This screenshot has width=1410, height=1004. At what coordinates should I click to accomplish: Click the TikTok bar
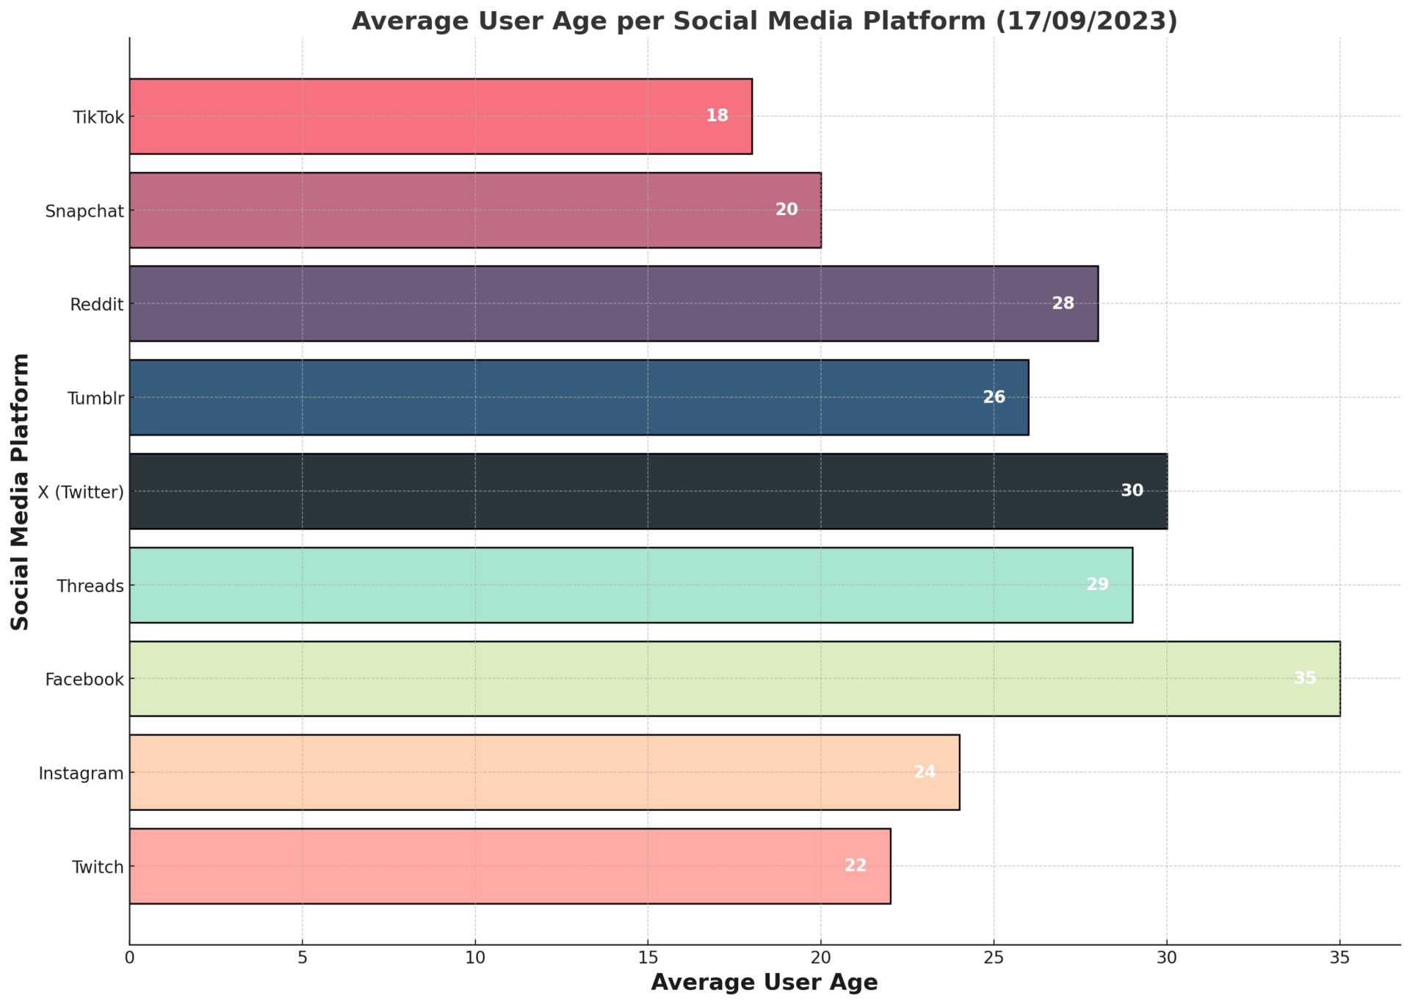pyautogui.click(x=441, y=117)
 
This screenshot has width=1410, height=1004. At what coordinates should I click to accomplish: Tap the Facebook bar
pyautogui.click(x=734, y=679)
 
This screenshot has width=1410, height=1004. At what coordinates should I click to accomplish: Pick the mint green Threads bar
pyautogui.click(x=631, y=585)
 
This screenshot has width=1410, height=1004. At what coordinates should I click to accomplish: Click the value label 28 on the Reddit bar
pyautogui.click(x=1063, y=303)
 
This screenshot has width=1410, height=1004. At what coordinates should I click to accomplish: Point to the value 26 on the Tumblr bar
pyautogui.click(x=994, y=397)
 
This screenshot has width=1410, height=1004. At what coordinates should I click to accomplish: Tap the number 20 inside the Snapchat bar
pyautogui.click(x=786, y=210)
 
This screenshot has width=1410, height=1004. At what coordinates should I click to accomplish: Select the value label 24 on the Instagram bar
pyautogui.click(x=924, y=772)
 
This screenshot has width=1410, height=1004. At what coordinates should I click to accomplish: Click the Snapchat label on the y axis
pyautogui.click(x=84, y=212)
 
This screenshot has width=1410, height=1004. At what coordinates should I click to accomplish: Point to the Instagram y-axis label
pyautogui.click(x=81, y=773)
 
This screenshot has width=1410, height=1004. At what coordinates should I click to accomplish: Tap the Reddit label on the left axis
pyautogui.click(x=97, y=305)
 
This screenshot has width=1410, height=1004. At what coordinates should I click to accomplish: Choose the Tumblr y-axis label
pyautogui.click(x=95, y=399)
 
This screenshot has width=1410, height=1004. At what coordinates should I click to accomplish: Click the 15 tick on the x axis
pyautogui.click(x=648, y=958)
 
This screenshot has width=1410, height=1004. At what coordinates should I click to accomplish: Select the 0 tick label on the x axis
pyautogui.click(x=130, y=958)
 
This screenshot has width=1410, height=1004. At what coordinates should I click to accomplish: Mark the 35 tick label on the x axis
pyautogui.click(x=1339, y=958)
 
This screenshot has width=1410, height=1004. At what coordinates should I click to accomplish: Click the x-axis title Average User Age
pyautogui.click(x=764, y=983)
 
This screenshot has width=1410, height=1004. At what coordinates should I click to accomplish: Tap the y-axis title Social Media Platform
pyautogui.click(x=21, y=491)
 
